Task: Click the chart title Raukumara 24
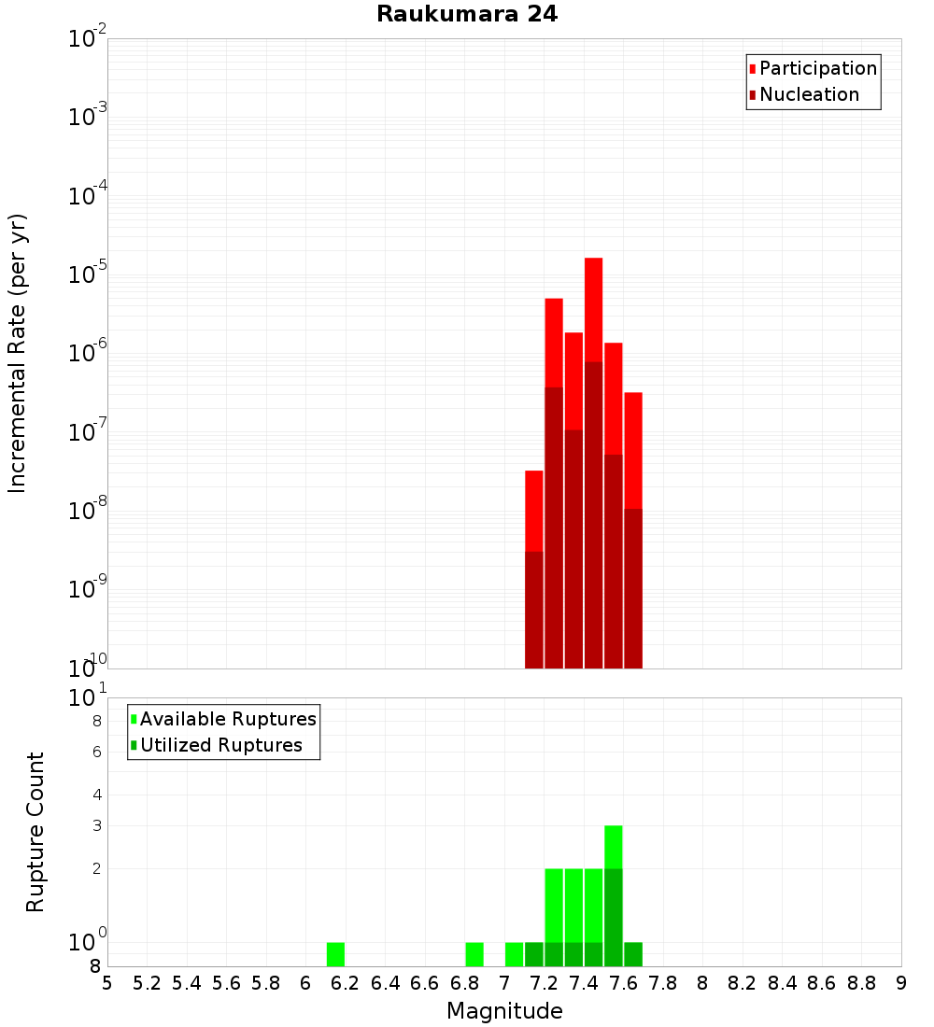(x=467, y=15)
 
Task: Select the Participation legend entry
(x=817, y=69)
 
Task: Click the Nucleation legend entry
(x=808, y=95)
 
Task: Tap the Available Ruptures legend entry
(x=227, y=720)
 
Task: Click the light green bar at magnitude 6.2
(x=335, y=954)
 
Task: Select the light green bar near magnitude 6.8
(x=474, y=954)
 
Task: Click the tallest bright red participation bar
(x=593, y=308)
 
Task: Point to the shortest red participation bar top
(x=534, y=476)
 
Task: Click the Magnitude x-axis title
(x=504, y=1011)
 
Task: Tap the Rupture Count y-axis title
(x=35, y=831)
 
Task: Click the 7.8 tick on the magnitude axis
(x=663, y=983)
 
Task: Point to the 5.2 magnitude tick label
(x=148, y=983)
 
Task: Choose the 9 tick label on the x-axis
(x=901, y=983)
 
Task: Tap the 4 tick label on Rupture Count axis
(x=96, y=795)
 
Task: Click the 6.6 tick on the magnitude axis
(x=425, y=983)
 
